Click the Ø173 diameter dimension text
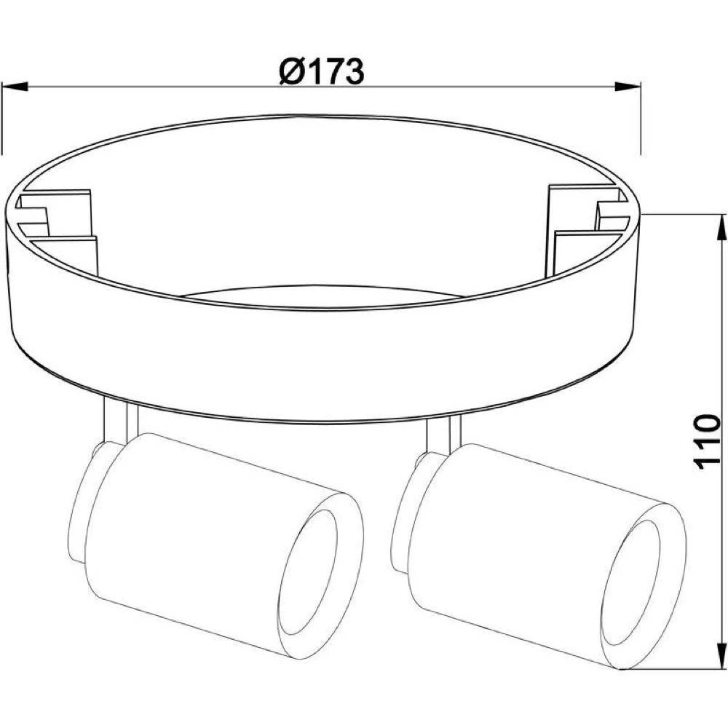tap(321, 72)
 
